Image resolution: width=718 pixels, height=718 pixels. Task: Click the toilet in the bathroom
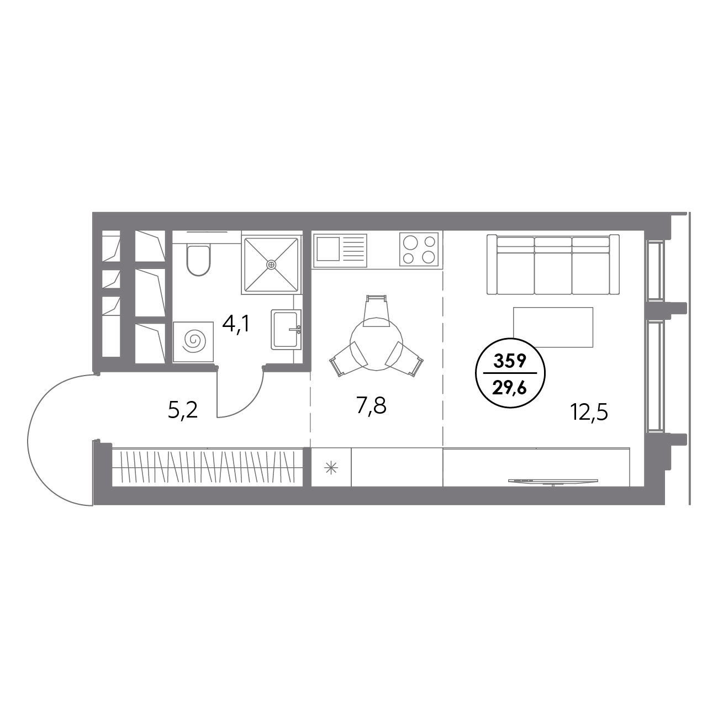point(198,260)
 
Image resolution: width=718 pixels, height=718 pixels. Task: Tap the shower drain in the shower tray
point(271,264)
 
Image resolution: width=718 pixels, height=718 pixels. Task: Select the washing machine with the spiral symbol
point(194,342)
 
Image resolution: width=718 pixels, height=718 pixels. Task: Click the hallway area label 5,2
point(183,410)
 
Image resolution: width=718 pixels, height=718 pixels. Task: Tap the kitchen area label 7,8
point(371,406)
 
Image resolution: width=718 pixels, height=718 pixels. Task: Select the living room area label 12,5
point(589,411)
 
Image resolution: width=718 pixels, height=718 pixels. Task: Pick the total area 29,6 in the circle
point(510,387)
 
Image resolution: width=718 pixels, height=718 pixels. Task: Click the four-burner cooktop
point(419,249)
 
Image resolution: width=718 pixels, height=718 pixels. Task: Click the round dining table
point(376,342)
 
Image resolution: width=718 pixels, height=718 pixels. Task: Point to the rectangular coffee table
point(553,327)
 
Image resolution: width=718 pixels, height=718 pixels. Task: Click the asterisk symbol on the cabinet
point(331,469)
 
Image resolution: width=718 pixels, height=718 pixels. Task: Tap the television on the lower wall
point(552,482)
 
